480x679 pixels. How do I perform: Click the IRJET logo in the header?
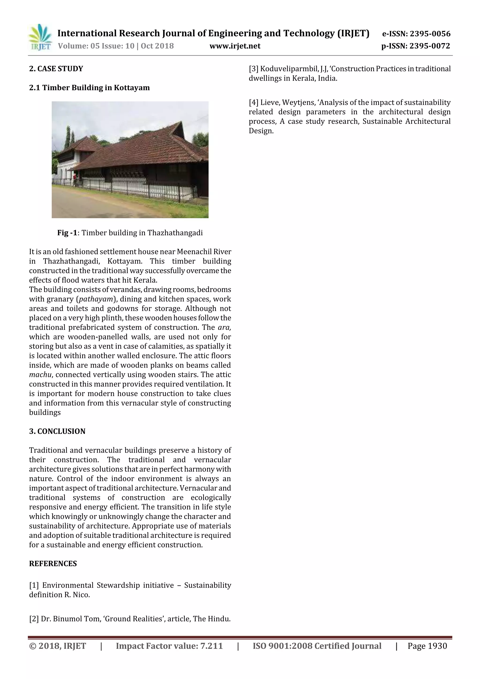pyautogui.click(x=40, y=38)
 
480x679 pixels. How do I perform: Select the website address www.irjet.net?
pyautogui.click(x=235, y=46)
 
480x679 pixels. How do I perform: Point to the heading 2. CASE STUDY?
pyautogui.click(x=56, y=69)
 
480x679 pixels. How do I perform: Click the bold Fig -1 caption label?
pyautogui.click(x=67, y=233)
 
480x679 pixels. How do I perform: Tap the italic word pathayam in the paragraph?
pyautogui.click(x=96, y=299)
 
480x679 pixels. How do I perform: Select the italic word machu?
pyautogui.click(x=40, y=375)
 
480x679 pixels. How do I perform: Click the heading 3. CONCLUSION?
pyautogui.click(x=57, y=431)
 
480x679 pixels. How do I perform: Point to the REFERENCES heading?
pyautogui.click(x=53, y=564)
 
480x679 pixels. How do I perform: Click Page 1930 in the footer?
pyautogui.click(x=427, y=646)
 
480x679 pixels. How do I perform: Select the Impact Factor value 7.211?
pyautogui.click(x=211, y=646)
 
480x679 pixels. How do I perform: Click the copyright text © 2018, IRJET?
pyautogui.click(x=57, y=646)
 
